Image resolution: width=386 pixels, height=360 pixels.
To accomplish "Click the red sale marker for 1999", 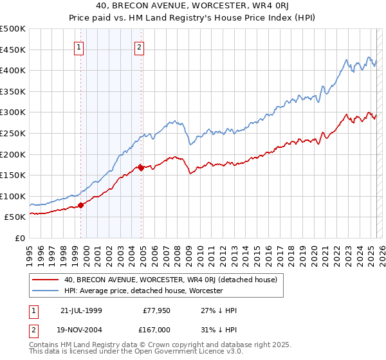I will [81, 206].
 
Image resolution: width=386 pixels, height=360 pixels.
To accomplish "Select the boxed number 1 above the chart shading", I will [78, 46].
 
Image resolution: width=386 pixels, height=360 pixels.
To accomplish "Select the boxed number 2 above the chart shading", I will [139, 46].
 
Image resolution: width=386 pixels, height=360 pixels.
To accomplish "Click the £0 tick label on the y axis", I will [21, 238].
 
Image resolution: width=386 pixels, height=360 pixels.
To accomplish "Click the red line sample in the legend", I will [45, 280].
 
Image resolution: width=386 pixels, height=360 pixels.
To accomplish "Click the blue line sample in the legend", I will [45, 291].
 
